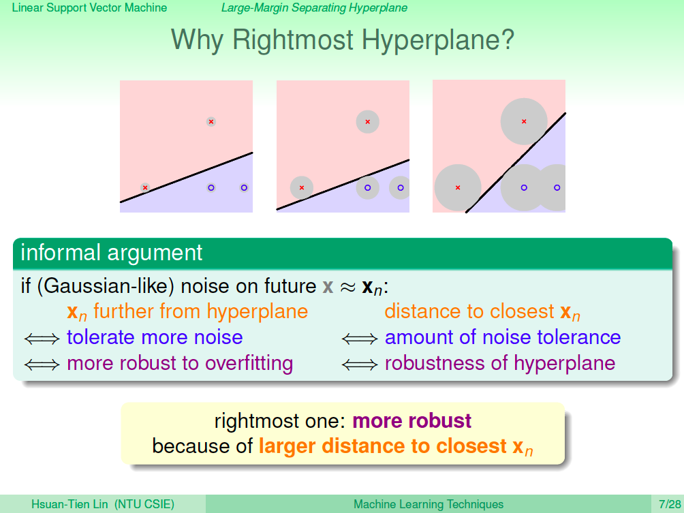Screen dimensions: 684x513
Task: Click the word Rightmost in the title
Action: coord(293,40)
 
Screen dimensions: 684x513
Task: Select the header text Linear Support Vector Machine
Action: coord(89,8)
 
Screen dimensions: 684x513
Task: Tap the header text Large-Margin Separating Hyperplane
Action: coord(314,8)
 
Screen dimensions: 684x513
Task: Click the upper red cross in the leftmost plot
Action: coord(211,122)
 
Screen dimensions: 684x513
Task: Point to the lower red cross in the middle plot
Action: coord(302,187)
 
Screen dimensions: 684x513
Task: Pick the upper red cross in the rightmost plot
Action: coord(524,122)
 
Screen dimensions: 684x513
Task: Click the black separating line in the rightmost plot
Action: coord(516,163)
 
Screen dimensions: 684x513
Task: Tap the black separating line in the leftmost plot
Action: coord(186,178)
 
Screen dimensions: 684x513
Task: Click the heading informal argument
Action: coord(112,253)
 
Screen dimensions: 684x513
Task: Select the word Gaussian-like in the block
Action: coord(106,287)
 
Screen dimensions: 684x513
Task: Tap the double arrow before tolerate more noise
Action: coord(42,339)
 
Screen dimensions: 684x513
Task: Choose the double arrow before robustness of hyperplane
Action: coord(360,364)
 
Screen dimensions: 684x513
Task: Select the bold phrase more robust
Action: coord(411,420)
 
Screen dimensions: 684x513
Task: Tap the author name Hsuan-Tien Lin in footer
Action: coord(69,504)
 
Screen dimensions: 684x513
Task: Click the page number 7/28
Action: coord(670,504)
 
